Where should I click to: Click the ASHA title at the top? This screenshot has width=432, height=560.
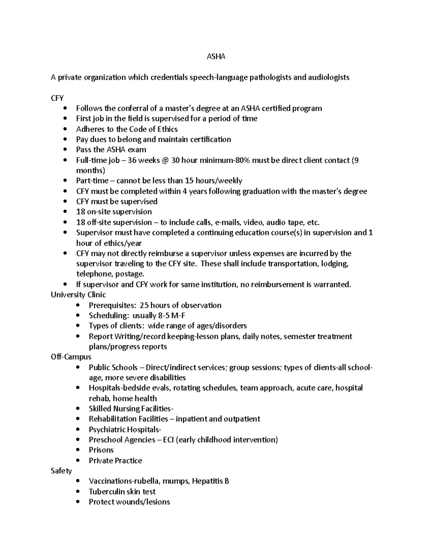(216, 57)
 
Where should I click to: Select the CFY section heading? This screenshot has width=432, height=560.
(57, 98)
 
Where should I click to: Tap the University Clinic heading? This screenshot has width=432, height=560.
(78, 295)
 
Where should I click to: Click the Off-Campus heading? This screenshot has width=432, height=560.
(71, 357)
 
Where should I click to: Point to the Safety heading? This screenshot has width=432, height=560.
(61, 471)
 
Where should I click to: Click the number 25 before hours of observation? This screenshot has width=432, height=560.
(144, 305)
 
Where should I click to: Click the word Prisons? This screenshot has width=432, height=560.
(101, 450)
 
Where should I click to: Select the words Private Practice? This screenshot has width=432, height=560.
(115, 460)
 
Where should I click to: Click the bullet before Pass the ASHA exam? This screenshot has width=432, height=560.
(65, 150)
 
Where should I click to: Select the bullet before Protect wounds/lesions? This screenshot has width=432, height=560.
(78, 502)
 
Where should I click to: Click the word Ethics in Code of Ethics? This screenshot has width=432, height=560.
(168, 129)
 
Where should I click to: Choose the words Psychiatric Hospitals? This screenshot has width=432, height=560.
(125, 429)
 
